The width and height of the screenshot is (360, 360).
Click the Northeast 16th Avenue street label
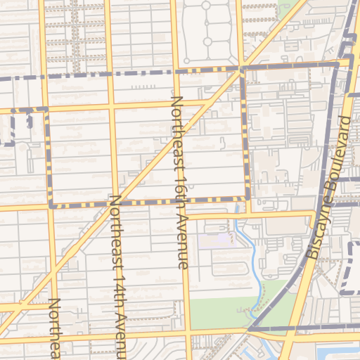(x=180, y=183)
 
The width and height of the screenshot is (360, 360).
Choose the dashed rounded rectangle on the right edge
(x=350, y=268)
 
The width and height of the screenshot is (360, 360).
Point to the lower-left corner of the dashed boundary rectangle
(x=51, y=206)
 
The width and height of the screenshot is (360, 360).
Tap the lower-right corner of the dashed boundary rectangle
(x=248, y=198)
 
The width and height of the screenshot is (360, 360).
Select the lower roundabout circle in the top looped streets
(x=207, y=42)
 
